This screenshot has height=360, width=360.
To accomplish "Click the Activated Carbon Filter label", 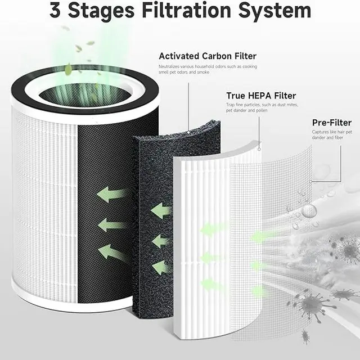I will pyautogui.click(x=207, y=56).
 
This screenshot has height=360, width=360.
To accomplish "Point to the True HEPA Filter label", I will pyautogui.click(x=260, y=96).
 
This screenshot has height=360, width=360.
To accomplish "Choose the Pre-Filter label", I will pyautogui.click(x=331, y=123).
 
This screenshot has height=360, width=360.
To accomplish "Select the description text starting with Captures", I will pyautogui.click(x=332, y=136).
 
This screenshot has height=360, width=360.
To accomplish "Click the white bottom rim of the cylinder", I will pyautogui.click(x=84, y=302).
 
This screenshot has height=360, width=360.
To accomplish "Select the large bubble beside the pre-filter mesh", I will pyautogui.click(x=309, y=211).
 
